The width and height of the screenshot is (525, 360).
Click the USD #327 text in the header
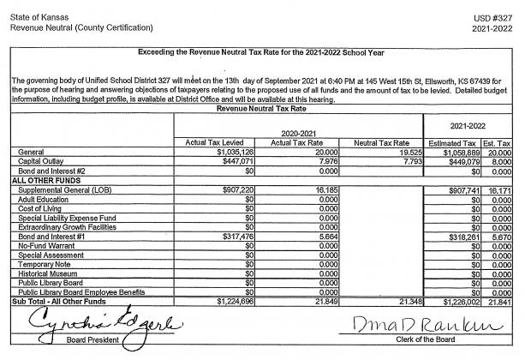click(498, 17)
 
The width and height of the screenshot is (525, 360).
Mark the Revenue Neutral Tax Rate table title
click(263, 109)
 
